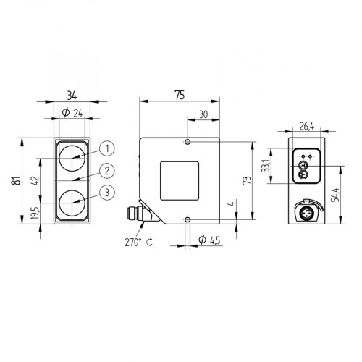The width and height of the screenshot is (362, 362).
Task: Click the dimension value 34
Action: (72, 94)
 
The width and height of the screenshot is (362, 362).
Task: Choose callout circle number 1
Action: (106, 148)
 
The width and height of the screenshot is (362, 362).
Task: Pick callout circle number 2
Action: (106, 171)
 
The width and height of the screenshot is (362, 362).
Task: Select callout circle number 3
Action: (106, 192)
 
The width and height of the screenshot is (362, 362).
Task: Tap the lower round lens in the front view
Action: (72, 202)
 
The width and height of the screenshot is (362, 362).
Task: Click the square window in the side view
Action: (180, 180)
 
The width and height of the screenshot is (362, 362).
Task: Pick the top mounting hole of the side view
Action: (188, 142)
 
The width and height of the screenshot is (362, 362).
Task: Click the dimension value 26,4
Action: (306, 127)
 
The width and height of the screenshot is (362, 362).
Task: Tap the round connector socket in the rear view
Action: (305, 214)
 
